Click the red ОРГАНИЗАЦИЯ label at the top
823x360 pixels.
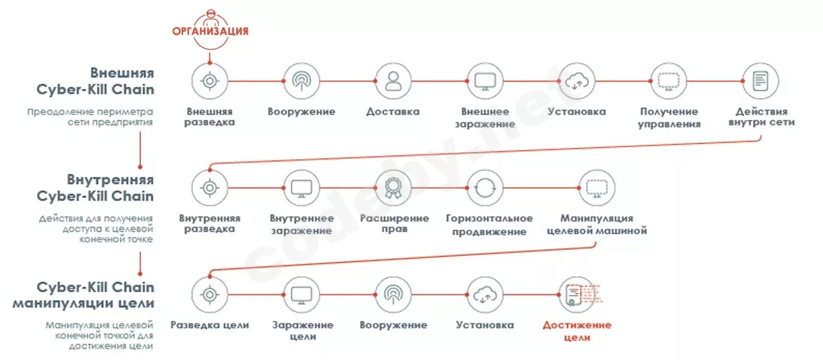210,31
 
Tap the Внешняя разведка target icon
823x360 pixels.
209,81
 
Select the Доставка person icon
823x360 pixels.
393,81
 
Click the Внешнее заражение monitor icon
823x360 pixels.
485,81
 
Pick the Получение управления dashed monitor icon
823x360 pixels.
668,81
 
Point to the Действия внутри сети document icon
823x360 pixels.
760,81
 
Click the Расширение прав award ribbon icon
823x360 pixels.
393,188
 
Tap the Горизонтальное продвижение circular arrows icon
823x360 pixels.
485,188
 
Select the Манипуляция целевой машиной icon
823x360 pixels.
597,188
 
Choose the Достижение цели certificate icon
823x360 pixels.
577,294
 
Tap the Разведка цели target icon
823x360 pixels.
209,294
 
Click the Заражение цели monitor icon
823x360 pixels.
302,294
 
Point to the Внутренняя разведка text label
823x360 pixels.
209,224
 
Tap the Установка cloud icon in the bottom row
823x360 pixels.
485,294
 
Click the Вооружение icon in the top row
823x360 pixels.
302,81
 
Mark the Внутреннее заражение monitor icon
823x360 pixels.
302,188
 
